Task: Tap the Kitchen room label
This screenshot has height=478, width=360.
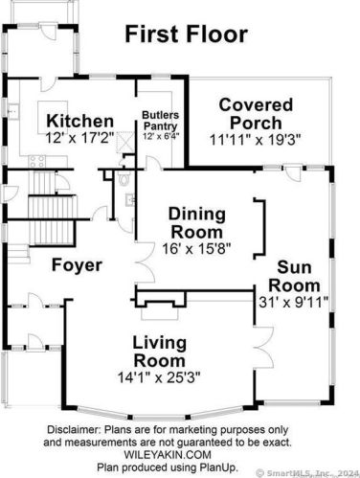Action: coord(80,122)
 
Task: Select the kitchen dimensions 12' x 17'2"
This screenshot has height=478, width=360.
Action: coord(81,137)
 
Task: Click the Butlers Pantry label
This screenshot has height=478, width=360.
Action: coord(161,120)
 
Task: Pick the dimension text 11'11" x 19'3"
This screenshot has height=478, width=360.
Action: coord(255,137)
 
